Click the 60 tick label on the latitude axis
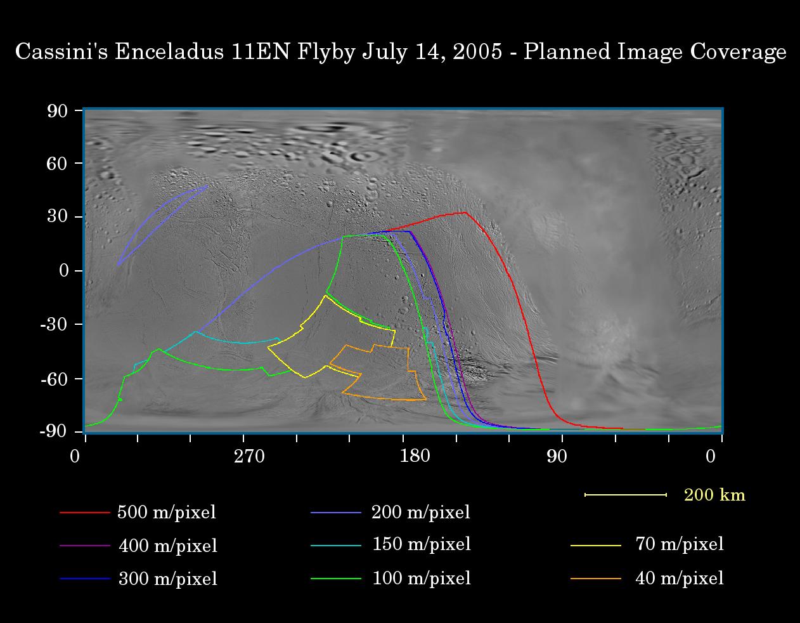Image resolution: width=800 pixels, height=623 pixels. pos(57,164)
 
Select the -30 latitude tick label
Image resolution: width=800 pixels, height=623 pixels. pos(54,324)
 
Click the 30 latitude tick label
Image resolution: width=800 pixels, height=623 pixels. pos(57,217)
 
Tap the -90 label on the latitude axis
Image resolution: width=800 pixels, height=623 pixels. pos(54,431)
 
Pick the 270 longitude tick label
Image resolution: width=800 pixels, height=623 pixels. pos(249,457)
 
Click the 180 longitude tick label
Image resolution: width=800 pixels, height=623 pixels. pos(415,457)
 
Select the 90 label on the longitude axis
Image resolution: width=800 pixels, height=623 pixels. pos(557,457)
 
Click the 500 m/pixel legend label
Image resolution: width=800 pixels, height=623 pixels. pos(167,513)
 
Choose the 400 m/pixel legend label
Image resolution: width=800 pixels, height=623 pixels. pos(168,546)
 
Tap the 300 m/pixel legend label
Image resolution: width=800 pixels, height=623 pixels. pos(168,579)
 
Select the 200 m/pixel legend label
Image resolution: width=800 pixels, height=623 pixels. pos(421,513)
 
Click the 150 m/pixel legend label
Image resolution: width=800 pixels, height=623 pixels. pos(421,544)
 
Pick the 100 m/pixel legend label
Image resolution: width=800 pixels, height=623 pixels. pos(421,579)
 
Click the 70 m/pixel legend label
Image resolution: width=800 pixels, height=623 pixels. pos(679,544)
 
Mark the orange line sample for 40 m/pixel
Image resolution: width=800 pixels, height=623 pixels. pos(595,579)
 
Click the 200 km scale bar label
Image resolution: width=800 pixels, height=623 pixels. pos(714,495)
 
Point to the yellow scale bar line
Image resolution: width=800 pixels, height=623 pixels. pos(626,495)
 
